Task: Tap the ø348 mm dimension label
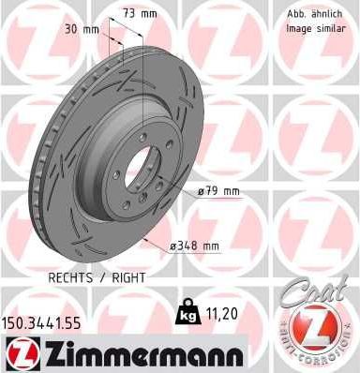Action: pos(195,246)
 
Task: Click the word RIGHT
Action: pos(125,278)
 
